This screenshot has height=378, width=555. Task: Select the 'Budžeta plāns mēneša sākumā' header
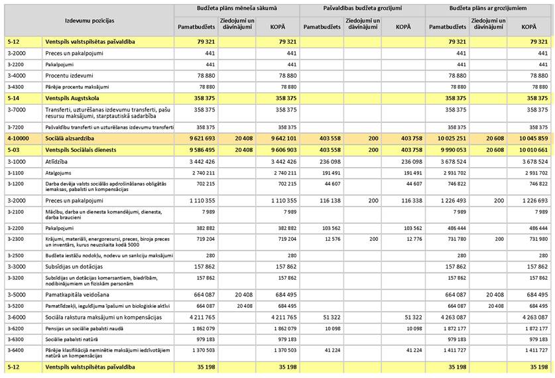coord(237,8)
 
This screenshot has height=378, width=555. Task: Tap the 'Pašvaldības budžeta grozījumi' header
coord(361,8)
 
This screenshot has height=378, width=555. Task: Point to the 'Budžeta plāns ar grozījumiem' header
coord(487,8)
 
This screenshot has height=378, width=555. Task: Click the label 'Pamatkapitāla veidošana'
coord(77,294)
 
